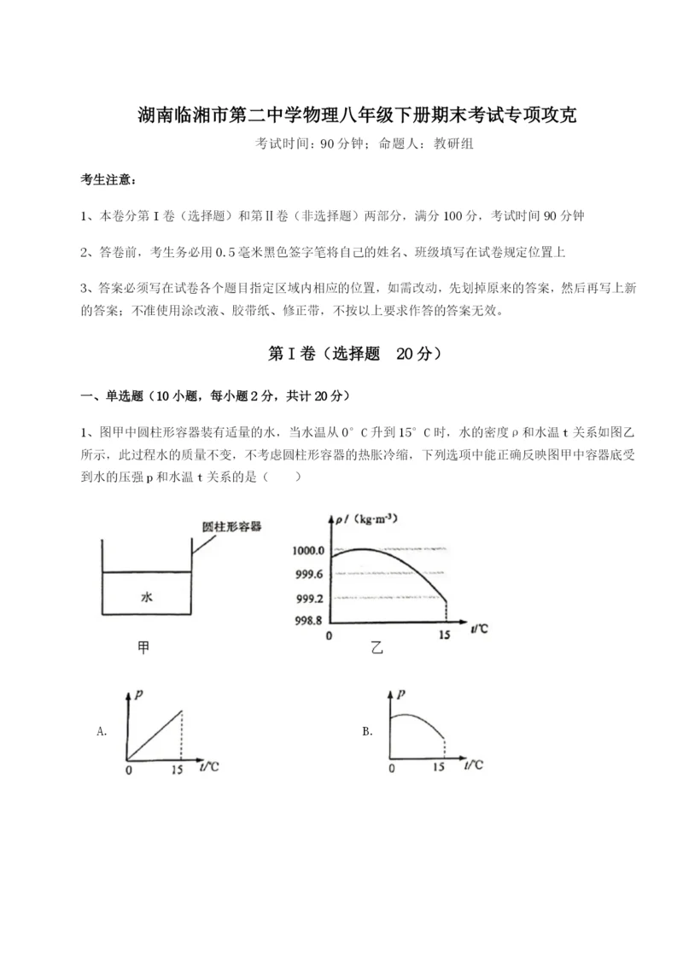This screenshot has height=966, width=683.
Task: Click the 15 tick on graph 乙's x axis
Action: tap(444, 636)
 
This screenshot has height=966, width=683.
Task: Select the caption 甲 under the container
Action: tap(143, 648)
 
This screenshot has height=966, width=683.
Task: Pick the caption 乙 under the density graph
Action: tap(377, 648)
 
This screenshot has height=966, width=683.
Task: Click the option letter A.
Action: tap(102, 731)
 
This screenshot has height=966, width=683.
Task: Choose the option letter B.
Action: tap(367, 731)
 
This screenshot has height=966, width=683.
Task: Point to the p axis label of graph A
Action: tap(137, 696)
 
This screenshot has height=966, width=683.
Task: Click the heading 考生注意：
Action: tap(107, 180)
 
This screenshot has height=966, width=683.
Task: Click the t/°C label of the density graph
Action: tap(479, 630)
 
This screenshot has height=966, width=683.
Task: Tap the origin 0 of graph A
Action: tap(128, 769)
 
